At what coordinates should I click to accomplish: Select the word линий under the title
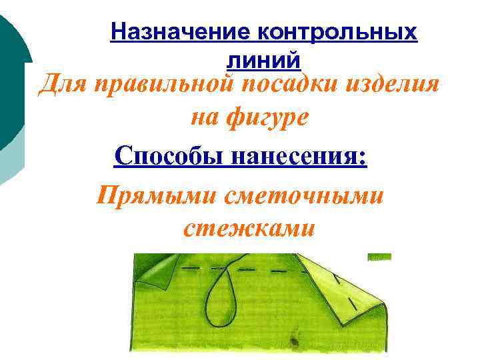click(x=263, y=60)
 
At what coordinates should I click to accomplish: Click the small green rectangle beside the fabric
click(x=380, y=256)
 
